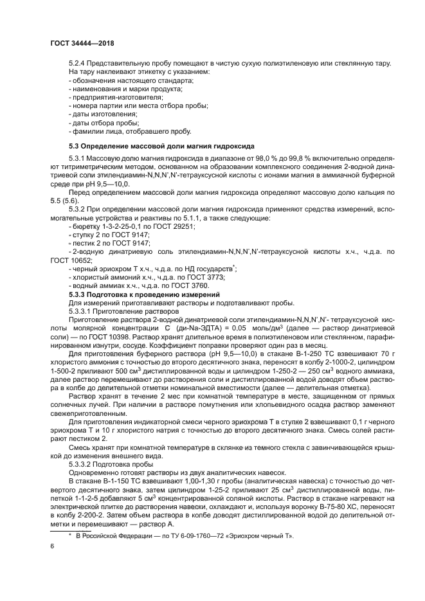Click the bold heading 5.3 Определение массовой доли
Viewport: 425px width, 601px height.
[161, 147]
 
